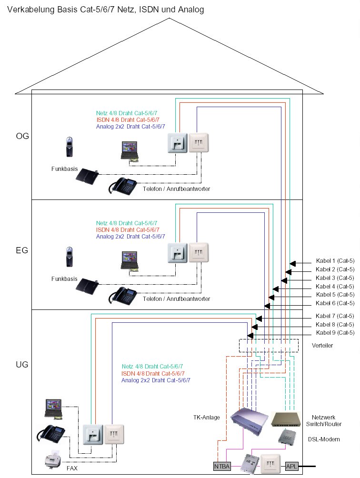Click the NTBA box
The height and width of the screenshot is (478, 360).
pos(222,467)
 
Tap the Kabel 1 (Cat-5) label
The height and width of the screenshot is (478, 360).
pos(335,261)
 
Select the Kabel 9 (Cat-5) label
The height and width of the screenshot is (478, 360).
pos(335,332)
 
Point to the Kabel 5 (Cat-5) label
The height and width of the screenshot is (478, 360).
pos(335,295)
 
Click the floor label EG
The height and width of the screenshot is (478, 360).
pos(22,249)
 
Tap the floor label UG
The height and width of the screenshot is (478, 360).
pos(22,365)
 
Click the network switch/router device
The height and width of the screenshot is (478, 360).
pos(289,418)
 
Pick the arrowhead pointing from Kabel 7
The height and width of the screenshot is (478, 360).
pos(259,318)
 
